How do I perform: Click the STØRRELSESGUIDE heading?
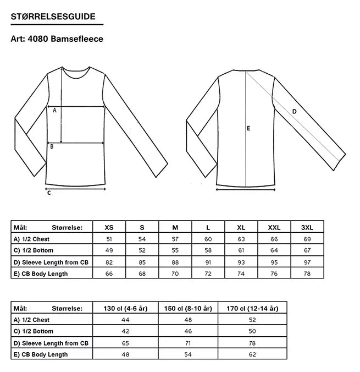point(53,18)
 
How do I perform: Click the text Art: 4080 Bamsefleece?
point(57,39)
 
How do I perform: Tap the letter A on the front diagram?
point(54,110)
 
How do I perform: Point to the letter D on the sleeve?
point(294,112)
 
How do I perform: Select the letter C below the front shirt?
point(49,193)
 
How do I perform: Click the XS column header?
point(109,227)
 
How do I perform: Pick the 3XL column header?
point(307,227)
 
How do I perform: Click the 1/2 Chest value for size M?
point(175,239)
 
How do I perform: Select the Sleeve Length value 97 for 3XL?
point(307,262)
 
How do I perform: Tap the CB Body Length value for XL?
point(241,273)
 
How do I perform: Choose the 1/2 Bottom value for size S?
point(142,250)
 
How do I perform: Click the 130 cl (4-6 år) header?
point(125,309)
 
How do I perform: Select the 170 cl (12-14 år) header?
point(252,309)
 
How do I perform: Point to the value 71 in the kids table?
point(188,343)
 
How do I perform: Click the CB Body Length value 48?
point(125,354)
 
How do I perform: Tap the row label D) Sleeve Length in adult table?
point(50,262)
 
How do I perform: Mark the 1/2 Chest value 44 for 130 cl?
point(125,320)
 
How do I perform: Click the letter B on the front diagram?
point(52,146)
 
